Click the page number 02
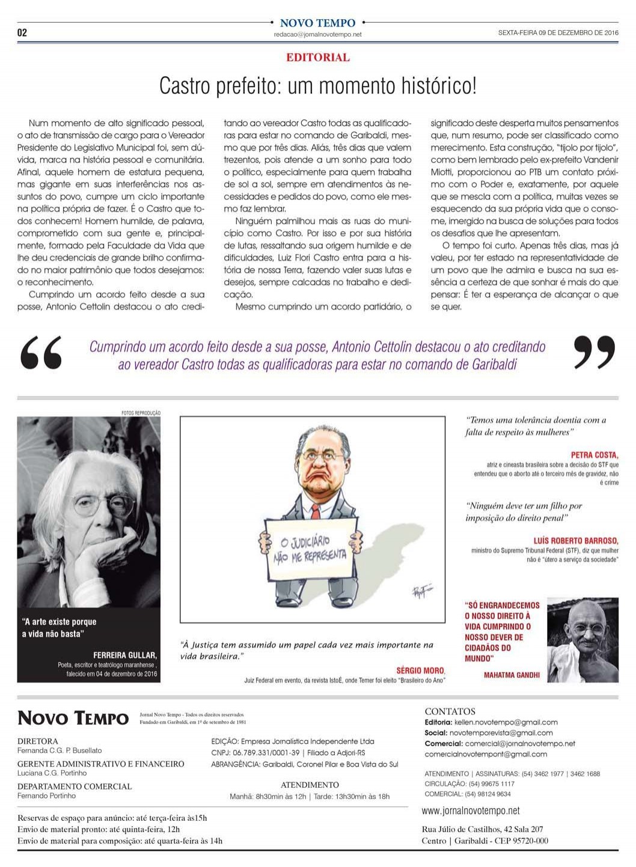pyautogui.click(x=22, y=32)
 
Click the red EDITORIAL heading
pyautogui.click(x=318, y=58)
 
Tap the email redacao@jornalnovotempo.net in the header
pyautogui.click(x=317, y=35)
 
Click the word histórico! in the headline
pyautogui.click(x=434, y=86)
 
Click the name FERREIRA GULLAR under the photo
pyautogui.click(x=125, y=655)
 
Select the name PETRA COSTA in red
pyautogui.click(x=594, y=455)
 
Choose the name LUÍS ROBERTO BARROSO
pyautogui.click(x=575, y=541)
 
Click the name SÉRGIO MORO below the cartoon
pyautogui.click(x=420, y=671)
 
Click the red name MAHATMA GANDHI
pyautogui.click(x=512, y=675)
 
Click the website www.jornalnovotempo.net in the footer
pyautogui.click(x=471, y=811)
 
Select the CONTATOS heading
pyautogui.click(x=450, y=711)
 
